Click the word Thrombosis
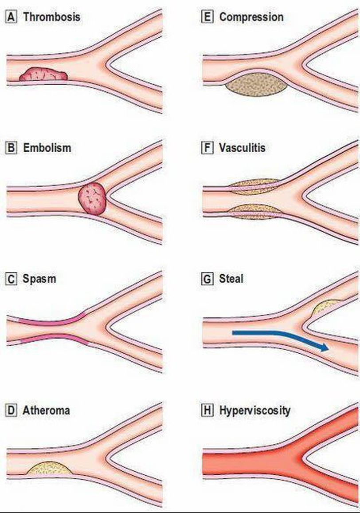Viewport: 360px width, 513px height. tap(51, 17)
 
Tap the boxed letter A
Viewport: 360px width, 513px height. tap(11, 17)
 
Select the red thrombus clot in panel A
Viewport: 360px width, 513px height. tap(43, 74)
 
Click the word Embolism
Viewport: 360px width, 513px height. tap(47, 148)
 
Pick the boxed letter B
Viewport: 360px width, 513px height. tap(11, 148)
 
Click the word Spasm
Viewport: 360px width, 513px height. tap(39, 279)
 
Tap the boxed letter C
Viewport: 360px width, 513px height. tap(11, 280)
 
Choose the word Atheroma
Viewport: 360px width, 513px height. tap(46, 410)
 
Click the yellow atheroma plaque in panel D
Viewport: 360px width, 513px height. tap(49, 468)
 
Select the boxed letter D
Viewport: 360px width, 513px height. tap(11, 410)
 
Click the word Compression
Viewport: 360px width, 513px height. tap(251, 17)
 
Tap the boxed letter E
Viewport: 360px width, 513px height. tap(207, 17)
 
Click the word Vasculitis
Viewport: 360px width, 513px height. tap(242, 148)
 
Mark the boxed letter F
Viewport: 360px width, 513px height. tap(207, 148)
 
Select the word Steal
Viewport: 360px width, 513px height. tap(231, 279)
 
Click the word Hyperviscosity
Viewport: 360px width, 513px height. tap(255, 411)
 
